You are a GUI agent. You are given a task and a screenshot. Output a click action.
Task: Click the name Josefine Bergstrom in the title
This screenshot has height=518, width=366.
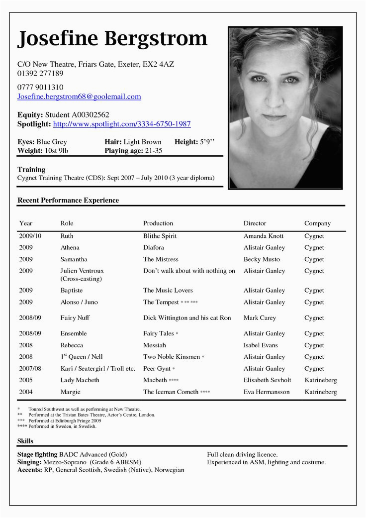(x=112, y=38)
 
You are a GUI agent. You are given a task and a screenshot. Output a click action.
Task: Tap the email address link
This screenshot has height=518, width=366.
(x=79, y=97)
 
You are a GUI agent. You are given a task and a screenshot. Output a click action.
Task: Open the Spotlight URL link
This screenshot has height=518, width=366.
(x=122, y=124)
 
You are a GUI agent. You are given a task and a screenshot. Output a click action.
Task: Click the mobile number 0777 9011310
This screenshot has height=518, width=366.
(x=40, y=87)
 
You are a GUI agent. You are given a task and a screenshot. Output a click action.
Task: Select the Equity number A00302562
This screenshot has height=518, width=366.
(x=90, y=115)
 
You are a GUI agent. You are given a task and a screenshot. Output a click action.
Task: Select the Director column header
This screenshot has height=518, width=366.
(x=255, y=223)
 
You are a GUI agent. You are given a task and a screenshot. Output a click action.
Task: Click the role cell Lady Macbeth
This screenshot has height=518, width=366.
(x=80, y=380)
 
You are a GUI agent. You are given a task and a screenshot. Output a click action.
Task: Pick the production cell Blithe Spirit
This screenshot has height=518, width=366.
(x=160, y=236)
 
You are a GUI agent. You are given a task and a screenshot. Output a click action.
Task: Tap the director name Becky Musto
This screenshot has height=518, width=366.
(x=262, y=259)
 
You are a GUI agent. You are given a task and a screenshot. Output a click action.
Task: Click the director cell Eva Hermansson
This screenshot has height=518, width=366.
(x=267, y=392)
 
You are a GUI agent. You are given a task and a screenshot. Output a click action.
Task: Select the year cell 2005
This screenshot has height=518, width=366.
(x=26, y=380)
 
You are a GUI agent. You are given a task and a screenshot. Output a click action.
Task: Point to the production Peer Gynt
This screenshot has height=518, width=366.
(x=157, y=369)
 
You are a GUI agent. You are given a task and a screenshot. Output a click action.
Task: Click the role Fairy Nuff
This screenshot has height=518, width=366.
(x=75, y=318)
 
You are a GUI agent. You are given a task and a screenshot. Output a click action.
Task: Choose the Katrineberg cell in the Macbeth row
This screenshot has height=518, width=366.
(x=320, y=380)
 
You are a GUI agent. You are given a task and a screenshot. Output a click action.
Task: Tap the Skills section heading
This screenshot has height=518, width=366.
(x=25, y=441)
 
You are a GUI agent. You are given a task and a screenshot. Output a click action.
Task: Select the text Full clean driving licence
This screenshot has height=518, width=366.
(x=242, y=454)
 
